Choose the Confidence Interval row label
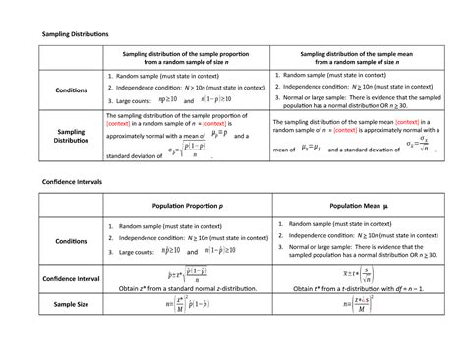point(71,278)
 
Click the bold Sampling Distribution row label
point(71,137)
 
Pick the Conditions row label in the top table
point(71,90)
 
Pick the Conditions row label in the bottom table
point(71,240)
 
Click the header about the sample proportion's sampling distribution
point(195,61)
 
